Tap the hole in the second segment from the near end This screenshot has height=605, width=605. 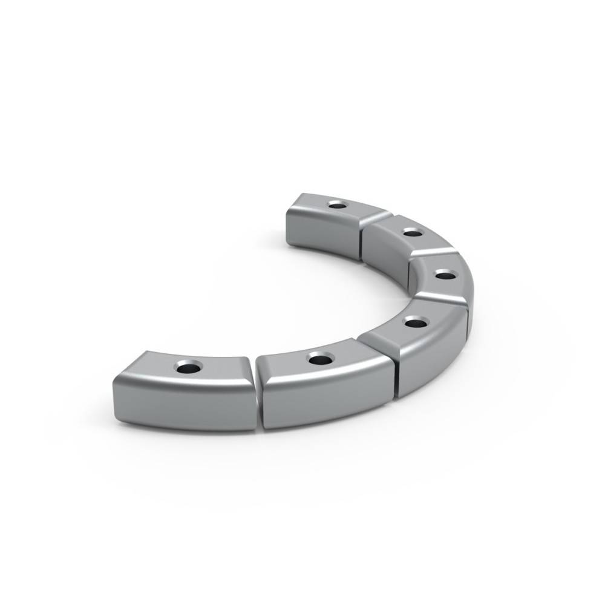[x=318, y=359]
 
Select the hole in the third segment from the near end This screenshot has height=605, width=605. [x=414, y=322]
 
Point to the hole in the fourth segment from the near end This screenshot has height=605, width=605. [x=445, y=276]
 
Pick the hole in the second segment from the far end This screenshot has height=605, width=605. [x=412, y=232]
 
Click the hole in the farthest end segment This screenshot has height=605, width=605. [x=336, y=205]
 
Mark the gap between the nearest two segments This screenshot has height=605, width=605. [x=257, y=393]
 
